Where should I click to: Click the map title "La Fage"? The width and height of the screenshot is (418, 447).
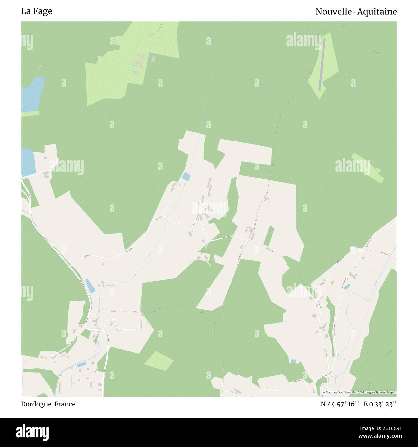[x=36, y=11]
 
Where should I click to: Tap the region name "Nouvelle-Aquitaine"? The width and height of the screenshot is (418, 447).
[x=356, y=12]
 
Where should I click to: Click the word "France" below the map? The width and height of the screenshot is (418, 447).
[x=65, y=404]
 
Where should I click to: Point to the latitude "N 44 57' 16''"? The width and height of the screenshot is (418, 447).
[x=340, y=404]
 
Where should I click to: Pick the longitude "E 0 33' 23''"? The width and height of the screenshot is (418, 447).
[x=380, y=404]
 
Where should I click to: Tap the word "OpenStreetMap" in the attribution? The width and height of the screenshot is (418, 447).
[x=347, y=392]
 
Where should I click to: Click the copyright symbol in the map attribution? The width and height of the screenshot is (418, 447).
[x=324, y=392]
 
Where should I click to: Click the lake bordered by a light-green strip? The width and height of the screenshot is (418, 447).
[x=32, y=93]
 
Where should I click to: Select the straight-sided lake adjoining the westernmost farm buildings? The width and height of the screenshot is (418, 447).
[x=27, y=162]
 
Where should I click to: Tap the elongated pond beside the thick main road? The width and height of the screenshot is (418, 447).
[x=90, y=286]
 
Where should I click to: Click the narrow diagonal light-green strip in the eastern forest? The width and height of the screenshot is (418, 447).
[x=368, y=167]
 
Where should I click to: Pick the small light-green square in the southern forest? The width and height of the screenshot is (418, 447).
[x=159, y=360]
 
